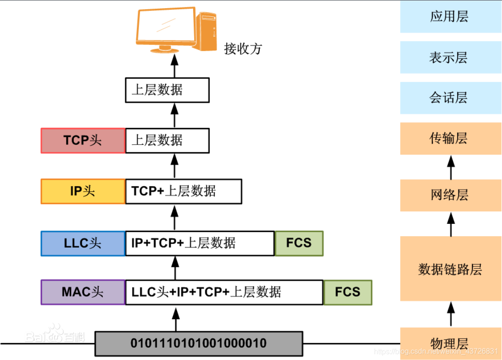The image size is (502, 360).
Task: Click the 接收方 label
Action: [x=243, y=49]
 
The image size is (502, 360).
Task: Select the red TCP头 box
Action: [x=83, y=140]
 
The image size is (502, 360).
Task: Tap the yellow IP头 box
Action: [x=83, y=191]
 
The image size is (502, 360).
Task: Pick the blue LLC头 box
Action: [x=83, y=243]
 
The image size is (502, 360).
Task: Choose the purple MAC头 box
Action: [x=83, y=292]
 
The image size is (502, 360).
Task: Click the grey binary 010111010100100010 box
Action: [x=199, y=343]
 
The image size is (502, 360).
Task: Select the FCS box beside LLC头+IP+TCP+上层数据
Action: [x=347, y=292]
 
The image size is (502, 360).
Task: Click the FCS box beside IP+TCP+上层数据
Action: [x=299, y=243]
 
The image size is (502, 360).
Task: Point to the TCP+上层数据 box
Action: [x=183, y=191]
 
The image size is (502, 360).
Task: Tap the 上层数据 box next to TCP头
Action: [x=167, y=140]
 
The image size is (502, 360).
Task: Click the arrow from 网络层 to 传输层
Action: [x=451, y=167]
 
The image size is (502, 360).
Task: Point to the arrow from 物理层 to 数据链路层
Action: [x=451, y=314]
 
